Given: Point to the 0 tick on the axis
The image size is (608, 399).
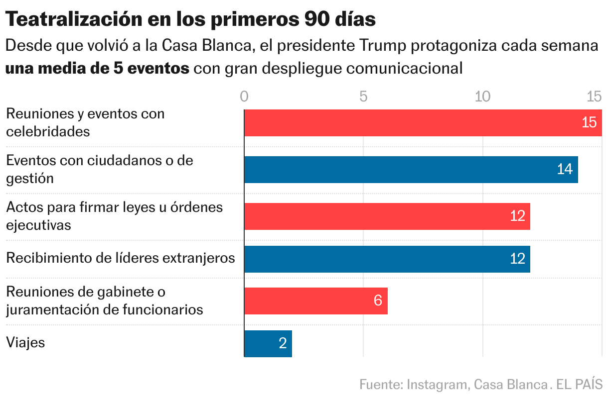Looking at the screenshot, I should pyautogui.click(x=244, y=97).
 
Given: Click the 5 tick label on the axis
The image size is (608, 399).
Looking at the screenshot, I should pyautogui.click(x=364, y=97).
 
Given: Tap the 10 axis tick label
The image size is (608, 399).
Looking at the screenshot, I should pyautogui.click(x=483, y=97).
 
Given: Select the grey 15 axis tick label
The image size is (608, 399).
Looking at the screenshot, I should pyautogui.click(x=595, y=97).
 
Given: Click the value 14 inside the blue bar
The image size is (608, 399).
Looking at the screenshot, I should pyautogui.click(x=565, y=170).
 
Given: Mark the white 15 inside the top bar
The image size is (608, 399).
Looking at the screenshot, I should pyautogui.click(x=589, y=123).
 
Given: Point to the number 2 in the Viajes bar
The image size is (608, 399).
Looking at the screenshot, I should pyautogui.click(x=283, y=343).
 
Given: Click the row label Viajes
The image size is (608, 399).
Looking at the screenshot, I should pyautogui.click(x=25, y=343).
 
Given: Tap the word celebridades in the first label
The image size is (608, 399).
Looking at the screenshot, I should pyautogui.click(x=48, y=132).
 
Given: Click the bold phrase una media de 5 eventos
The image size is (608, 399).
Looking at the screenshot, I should pyautogui.click(x=97, y=68).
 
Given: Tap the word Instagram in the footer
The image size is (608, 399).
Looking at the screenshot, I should pyautogui.click(x=437, y=385).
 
